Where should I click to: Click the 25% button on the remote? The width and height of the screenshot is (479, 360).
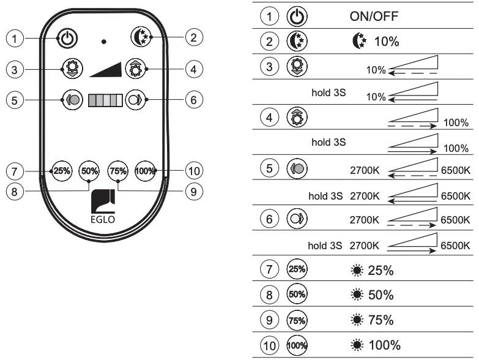(61, 171)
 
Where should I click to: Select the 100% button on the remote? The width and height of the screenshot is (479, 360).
(144, 171)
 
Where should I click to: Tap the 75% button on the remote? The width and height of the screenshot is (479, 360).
(117, 171)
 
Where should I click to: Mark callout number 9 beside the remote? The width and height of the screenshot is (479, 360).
(193, 191)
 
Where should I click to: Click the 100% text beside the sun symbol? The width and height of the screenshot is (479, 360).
(384, 345)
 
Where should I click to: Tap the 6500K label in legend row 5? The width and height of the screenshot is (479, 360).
(455, 170)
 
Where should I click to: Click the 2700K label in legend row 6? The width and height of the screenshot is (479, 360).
(365, 219)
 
